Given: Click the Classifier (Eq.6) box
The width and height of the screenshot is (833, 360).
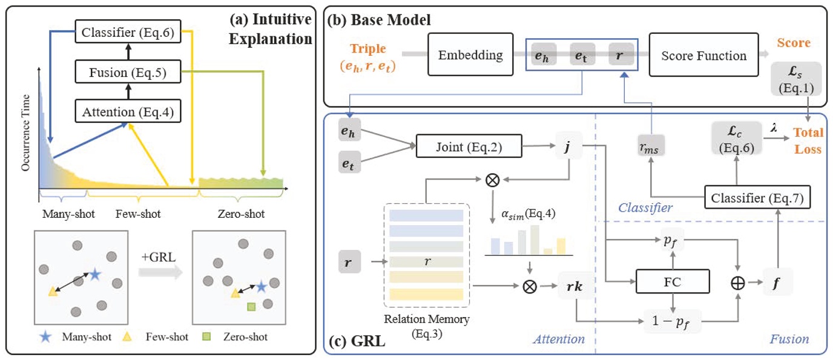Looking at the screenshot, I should tap(128, 32).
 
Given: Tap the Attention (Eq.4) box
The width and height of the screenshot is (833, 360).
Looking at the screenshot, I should tap(128, 111).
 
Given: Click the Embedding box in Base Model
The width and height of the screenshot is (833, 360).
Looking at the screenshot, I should tap(470, 56).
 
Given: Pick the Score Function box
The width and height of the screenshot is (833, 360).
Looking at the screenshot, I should tap(703, 56).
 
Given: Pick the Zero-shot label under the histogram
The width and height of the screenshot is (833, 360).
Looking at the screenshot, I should tap(241, 214).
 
